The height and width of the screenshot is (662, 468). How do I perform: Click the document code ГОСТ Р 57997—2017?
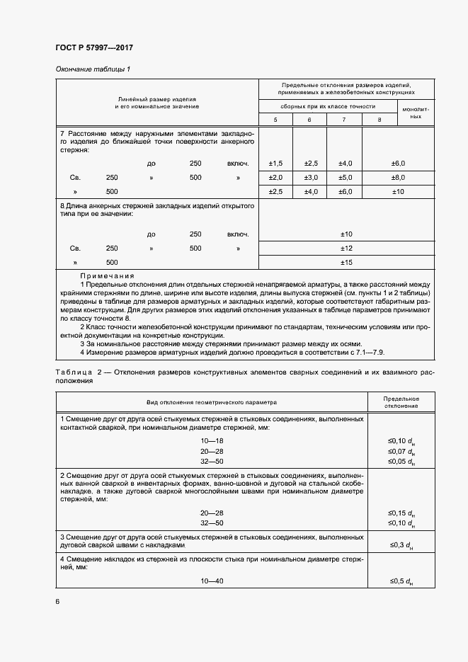[93, 48]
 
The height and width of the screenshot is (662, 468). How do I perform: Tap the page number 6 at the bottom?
[57, 601]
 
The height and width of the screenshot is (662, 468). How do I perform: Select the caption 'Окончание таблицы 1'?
[93, 69]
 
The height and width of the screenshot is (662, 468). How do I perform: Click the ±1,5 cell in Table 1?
[275, 164]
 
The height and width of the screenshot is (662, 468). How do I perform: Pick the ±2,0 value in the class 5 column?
[275, 178]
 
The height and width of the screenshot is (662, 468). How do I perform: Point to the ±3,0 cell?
[309, 178]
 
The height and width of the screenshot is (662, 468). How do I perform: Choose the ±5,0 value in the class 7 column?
[344, 178]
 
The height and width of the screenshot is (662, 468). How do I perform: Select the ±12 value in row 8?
[346, 249]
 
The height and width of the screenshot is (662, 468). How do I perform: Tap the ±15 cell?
[346, 263]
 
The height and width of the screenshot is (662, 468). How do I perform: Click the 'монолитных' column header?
[416, 113]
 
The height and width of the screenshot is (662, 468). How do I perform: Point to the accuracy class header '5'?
[275, 120]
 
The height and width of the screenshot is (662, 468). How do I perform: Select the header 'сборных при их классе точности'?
[328, 106]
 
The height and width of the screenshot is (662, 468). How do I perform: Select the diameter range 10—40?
[212, 581]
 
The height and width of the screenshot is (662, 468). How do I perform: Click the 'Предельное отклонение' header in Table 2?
[401, 402]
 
